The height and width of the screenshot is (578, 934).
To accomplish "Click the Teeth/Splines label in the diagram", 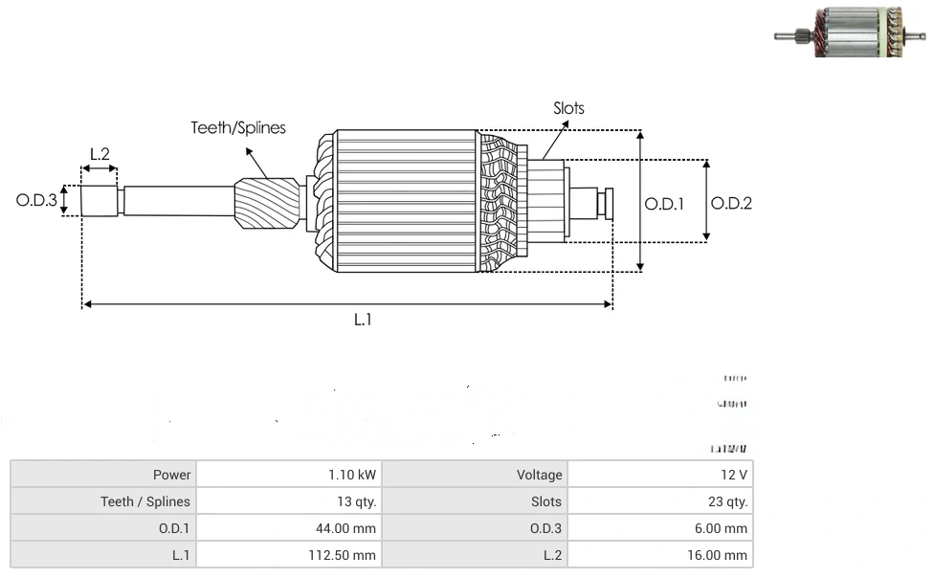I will [238, 127].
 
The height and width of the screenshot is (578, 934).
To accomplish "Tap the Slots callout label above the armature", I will [568, 108].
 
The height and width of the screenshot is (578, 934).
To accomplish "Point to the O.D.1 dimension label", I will [664, 203].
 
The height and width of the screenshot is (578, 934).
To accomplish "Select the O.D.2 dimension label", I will [731, 203].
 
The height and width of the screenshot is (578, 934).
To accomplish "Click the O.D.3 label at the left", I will [36, 201].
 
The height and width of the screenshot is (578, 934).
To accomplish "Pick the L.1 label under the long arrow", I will [362, 321].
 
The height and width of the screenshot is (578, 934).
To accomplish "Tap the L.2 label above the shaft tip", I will [100, 153].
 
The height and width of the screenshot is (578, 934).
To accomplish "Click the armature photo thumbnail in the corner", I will [850, 32].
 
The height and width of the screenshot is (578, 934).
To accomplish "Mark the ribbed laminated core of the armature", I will [402, 201].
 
